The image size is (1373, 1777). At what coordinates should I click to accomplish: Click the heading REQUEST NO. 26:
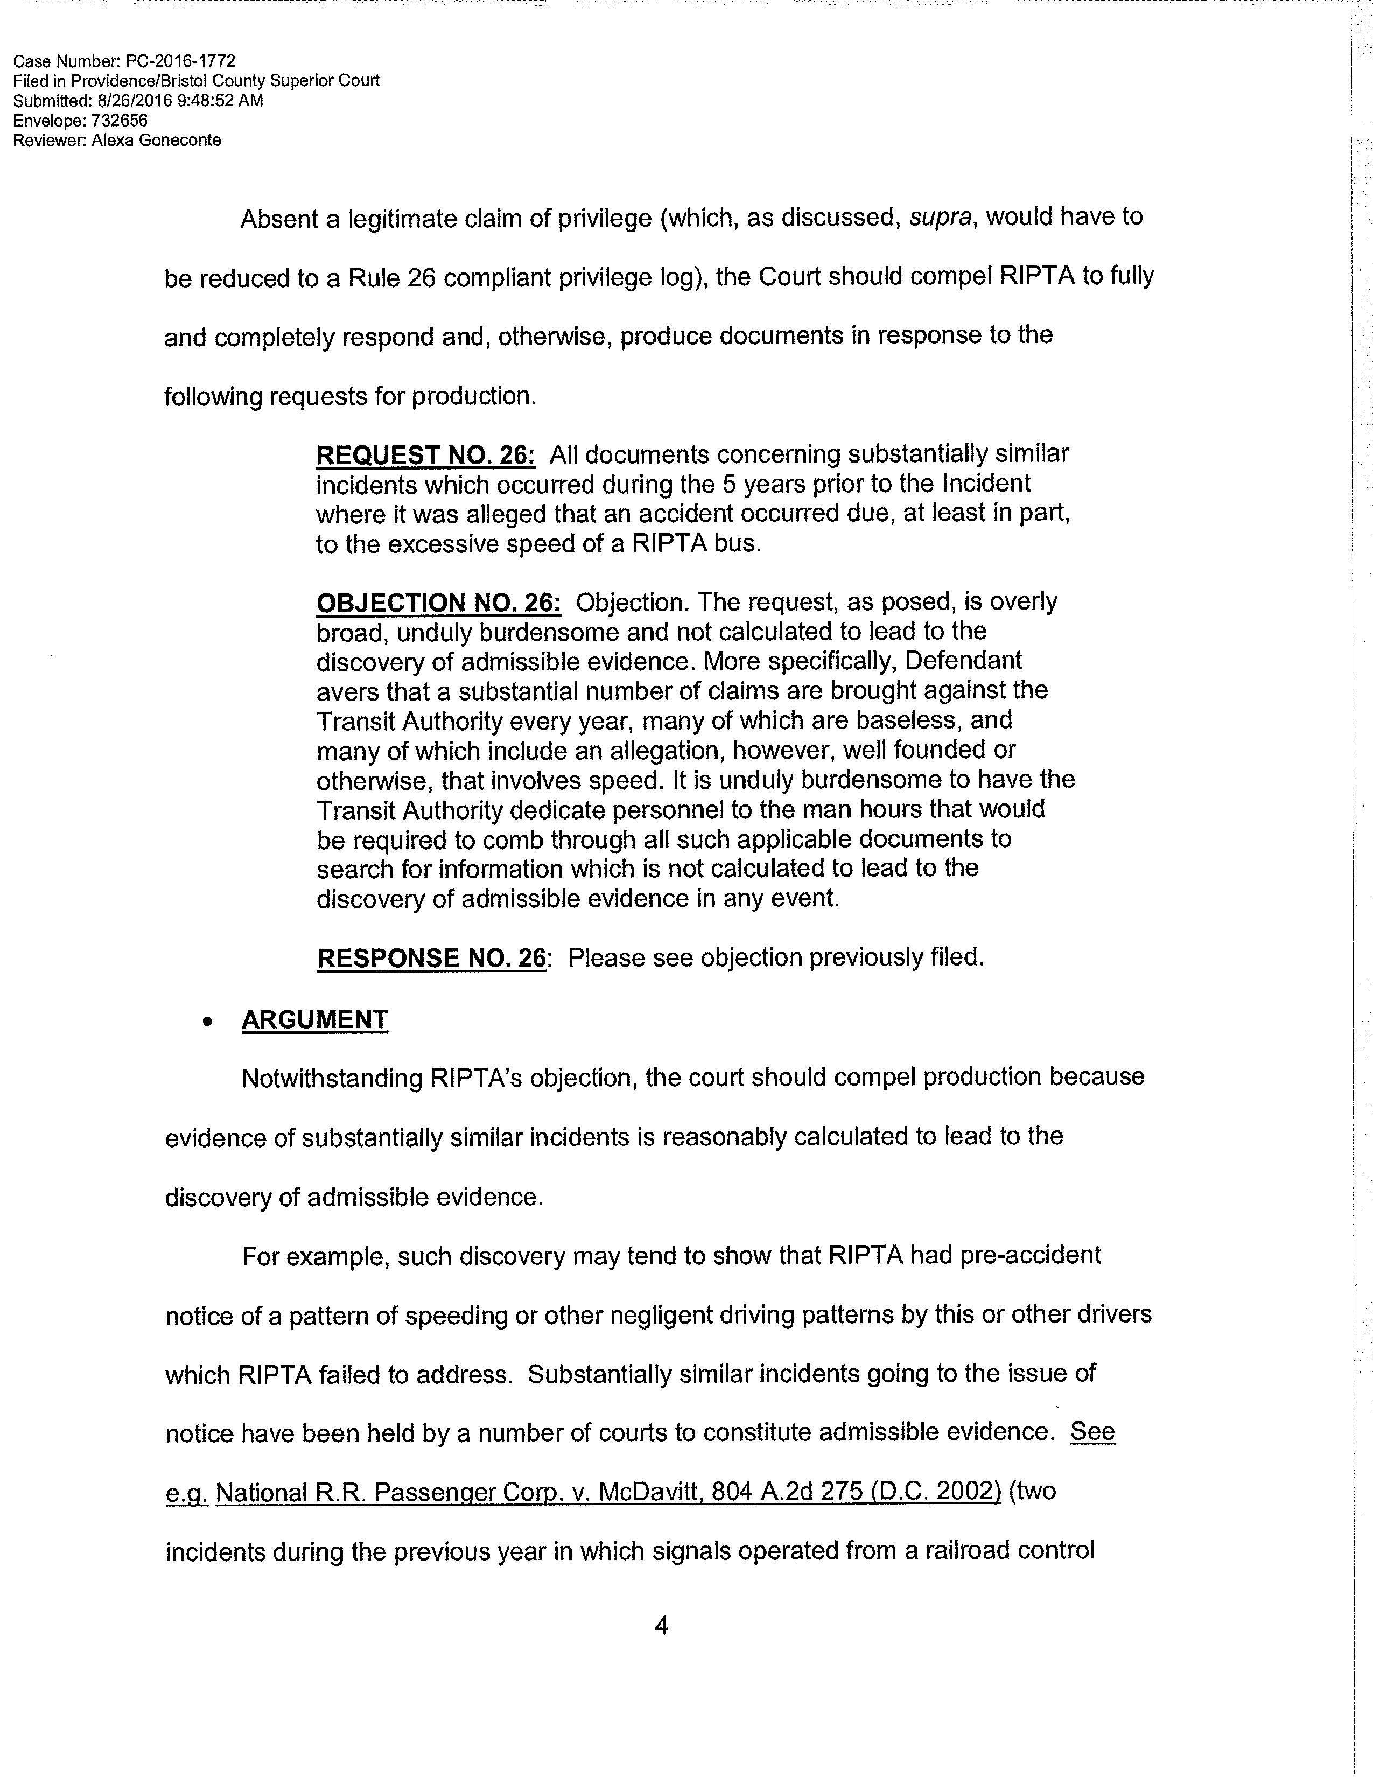[425, 455]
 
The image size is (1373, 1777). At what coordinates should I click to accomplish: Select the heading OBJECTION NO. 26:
[438, 603]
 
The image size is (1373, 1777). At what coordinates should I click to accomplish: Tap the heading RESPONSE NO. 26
[431, 957]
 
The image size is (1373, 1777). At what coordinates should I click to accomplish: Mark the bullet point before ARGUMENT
[210, 1022]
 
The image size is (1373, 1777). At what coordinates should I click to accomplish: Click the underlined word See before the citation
[1092, 1431]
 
